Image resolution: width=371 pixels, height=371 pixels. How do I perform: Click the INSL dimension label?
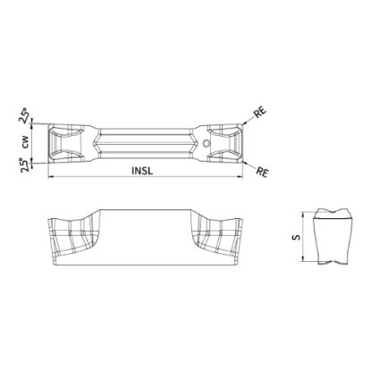(x=142, y=171)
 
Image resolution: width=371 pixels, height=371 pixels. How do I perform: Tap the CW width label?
(x=25, y=142)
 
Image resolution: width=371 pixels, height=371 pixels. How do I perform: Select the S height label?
(x=296, y=237)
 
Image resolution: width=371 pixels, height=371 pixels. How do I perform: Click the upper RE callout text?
(x=259, y=113)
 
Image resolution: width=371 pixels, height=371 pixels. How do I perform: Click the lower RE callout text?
(x=263, y=172)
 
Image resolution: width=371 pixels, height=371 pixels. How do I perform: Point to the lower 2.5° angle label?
(x=26, y=164)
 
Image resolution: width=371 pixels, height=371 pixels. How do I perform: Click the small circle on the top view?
(x=206, y=143)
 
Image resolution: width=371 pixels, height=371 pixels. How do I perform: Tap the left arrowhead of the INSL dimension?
(x=51, y=177)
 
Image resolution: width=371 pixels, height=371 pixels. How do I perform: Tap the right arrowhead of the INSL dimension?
(x=240, y=177)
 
